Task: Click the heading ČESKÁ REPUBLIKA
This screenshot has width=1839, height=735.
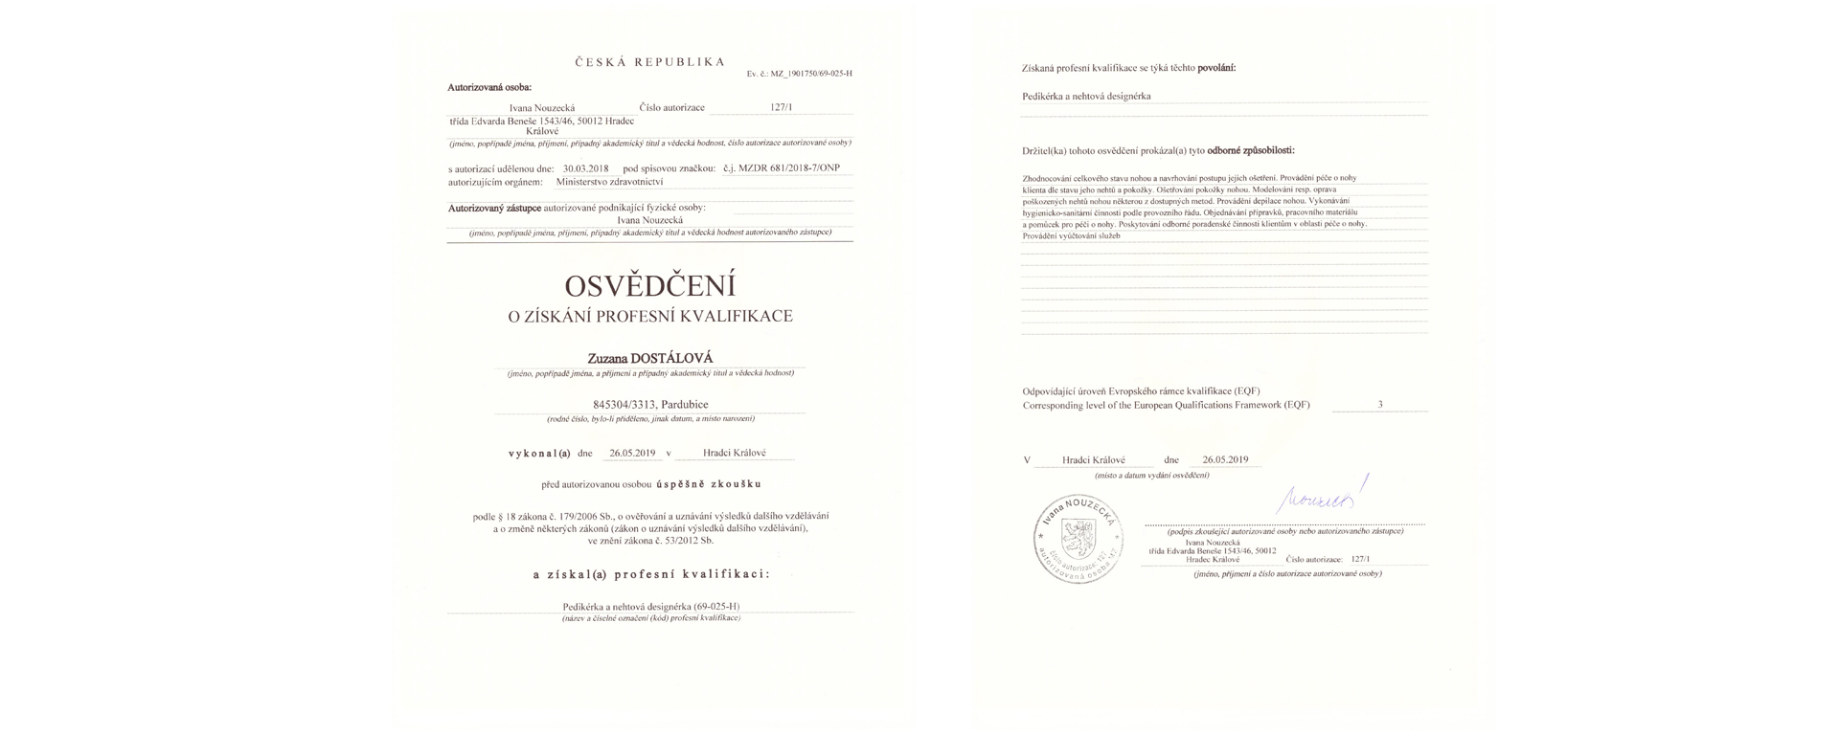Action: pyautogui.click(x=649, y=62)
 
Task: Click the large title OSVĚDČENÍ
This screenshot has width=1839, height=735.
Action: pyautogui.click(x=649, y=286)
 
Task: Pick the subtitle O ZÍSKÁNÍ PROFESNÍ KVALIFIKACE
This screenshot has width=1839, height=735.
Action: pyautogui.click(x=649, y=316)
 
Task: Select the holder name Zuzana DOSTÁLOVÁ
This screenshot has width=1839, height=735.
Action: pyautogui.click(x=649, y=359)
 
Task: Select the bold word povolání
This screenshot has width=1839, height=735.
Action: pyautogui.click(x=1216, y=68)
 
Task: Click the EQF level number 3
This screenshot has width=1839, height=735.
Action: pyautogui.click(x=1380, y=405)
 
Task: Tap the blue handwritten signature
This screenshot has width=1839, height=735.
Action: pyautogui.click(x=1323, y=498)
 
